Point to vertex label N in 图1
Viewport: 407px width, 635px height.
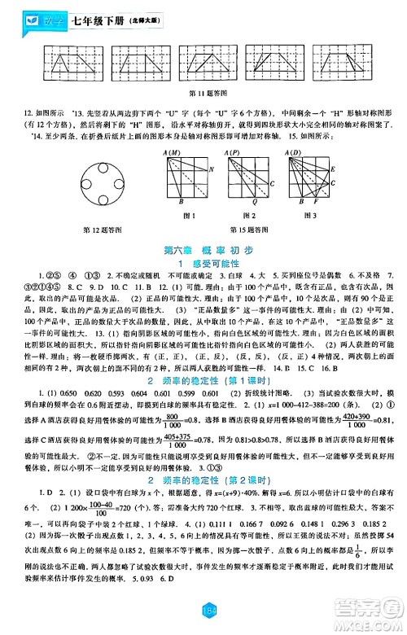210,169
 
